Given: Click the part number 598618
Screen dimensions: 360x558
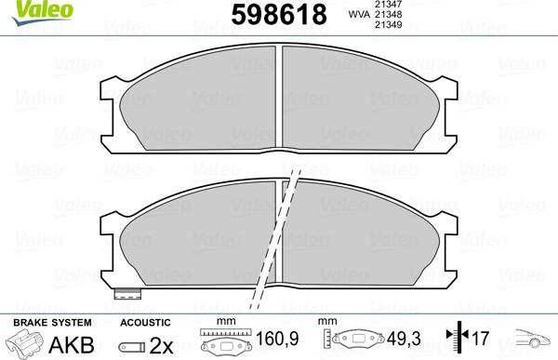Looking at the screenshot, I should pos(277,16).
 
